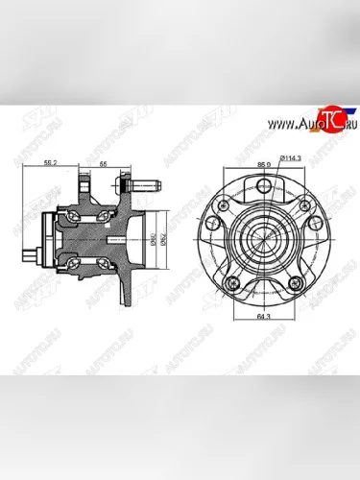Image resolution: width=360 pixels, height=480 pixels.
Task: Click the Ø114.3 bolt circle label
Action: pos(292,156)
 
